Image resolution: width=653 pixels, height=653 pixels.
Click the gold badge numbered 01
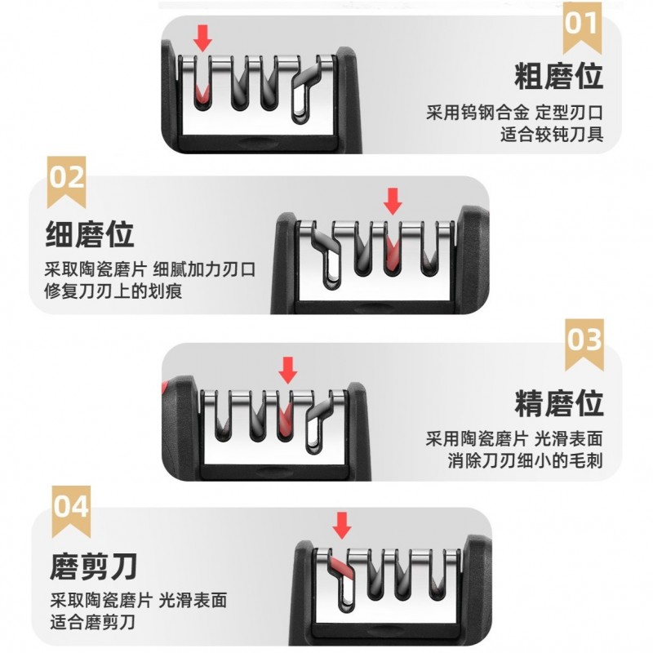[582, 25]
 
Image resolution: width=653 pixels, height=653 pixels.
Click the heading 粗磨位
[559, 76]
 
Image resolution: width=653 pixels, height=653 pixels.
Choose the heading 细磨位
[90, 234]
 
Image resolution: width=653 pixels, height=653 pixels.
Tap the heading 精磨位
[559, 403]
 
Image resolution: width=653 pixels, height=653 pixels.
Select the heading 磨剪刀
[93, 566]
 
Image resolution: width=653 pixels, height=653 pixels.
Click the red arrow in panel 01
[202, 38]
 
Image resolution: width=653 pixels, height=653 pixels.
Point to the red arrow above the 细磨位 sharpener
[393, 201]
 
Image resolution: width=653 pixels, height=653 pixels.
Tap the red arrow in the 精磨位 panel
[288, 370]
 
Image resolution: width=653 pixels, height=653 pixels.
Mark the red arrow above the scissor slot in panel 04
[342, 526]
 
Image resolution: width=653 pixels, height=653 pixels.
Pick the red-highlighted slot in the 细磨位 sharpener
[392, 253]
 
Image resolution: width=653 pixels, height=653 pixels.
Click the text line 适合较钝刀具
[552, 135]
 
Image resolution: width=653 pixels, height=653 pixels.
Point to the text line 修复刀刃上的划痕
[113, 291]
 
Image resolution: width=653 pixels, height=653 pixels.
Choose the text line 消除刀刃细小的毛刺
[525, 461]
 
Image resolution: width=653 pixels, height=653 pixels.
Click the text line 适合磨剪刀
[93, 623]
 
